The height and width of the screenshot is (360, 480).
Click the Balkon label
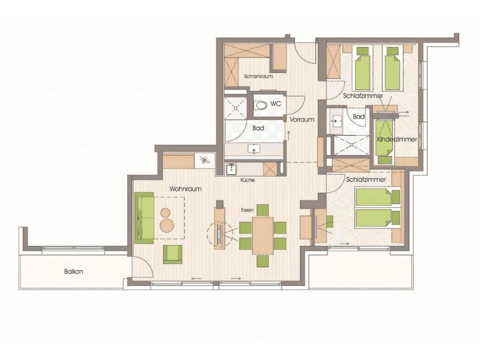(74, 271)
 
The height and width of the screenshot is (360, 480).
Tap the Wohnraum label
(186, 189)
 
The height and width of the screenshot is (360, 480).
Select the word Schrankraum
(258, 76)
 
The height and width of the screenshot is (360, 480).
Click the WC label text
(276, 104)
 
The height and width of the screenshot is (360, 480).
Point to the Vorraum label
(302, 120)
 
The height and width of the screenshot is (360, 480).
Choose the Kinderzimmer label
(397, 139)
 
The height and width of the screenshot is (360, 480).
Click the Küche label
(247, 180)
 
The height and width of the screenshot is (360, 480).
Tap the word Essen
(247, 210)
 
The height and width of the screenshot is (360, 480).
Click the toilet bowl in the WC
(261, 106)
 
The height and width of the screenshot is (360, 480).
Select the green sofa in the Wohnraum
(144, 218)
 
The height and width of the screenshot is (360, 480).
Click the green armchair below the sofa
(172, 254)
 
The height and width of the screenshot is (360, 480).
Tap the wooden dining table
(262, 235)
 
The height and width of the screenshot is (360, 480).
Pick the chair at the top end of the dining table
(262, 210)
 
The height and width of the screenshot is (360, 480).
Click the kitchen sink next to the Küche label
(232, 169)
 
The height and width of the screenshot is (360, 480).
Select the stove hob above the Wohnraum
(204, 160)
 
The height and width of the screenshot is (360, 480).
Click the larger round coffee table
(167, 225)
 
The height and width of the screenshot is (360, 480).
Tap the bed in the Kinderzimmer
(385, 138)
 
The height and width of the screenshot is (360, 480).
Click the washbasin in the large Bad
(254, 149)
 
